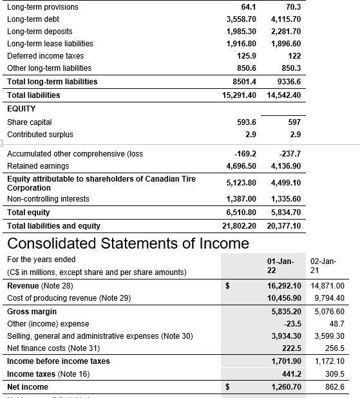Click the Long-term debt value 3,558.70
pyautogui.click(x=241, y=19)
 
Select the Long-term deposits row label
pyautogui.click(x=39, y=32)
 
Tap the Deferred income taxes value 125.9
pyautogui.click(x=245, y=56)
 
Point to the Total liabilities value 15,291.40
pyautogui.click(x=239, y=95)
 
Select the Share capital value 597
pyautogui.click(x=293, y=122)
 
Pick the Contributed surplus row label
pyautogui.click(x=40, y=135)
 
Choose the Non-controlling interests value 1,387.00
pyautogui.click(x=241, y=199)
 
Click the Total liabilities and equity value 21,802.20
pyautogui.click(x=239, y=226)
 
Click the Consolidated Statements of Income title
pyautogui.click(x=128, y=243)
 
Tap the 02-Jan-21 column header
pyautogui.click(x=323, y=265)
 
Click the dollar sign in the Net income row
pyautogui.click(x=226, y=386)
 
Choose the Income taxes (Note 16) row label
pyautogui.click(x=48, y=374)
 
